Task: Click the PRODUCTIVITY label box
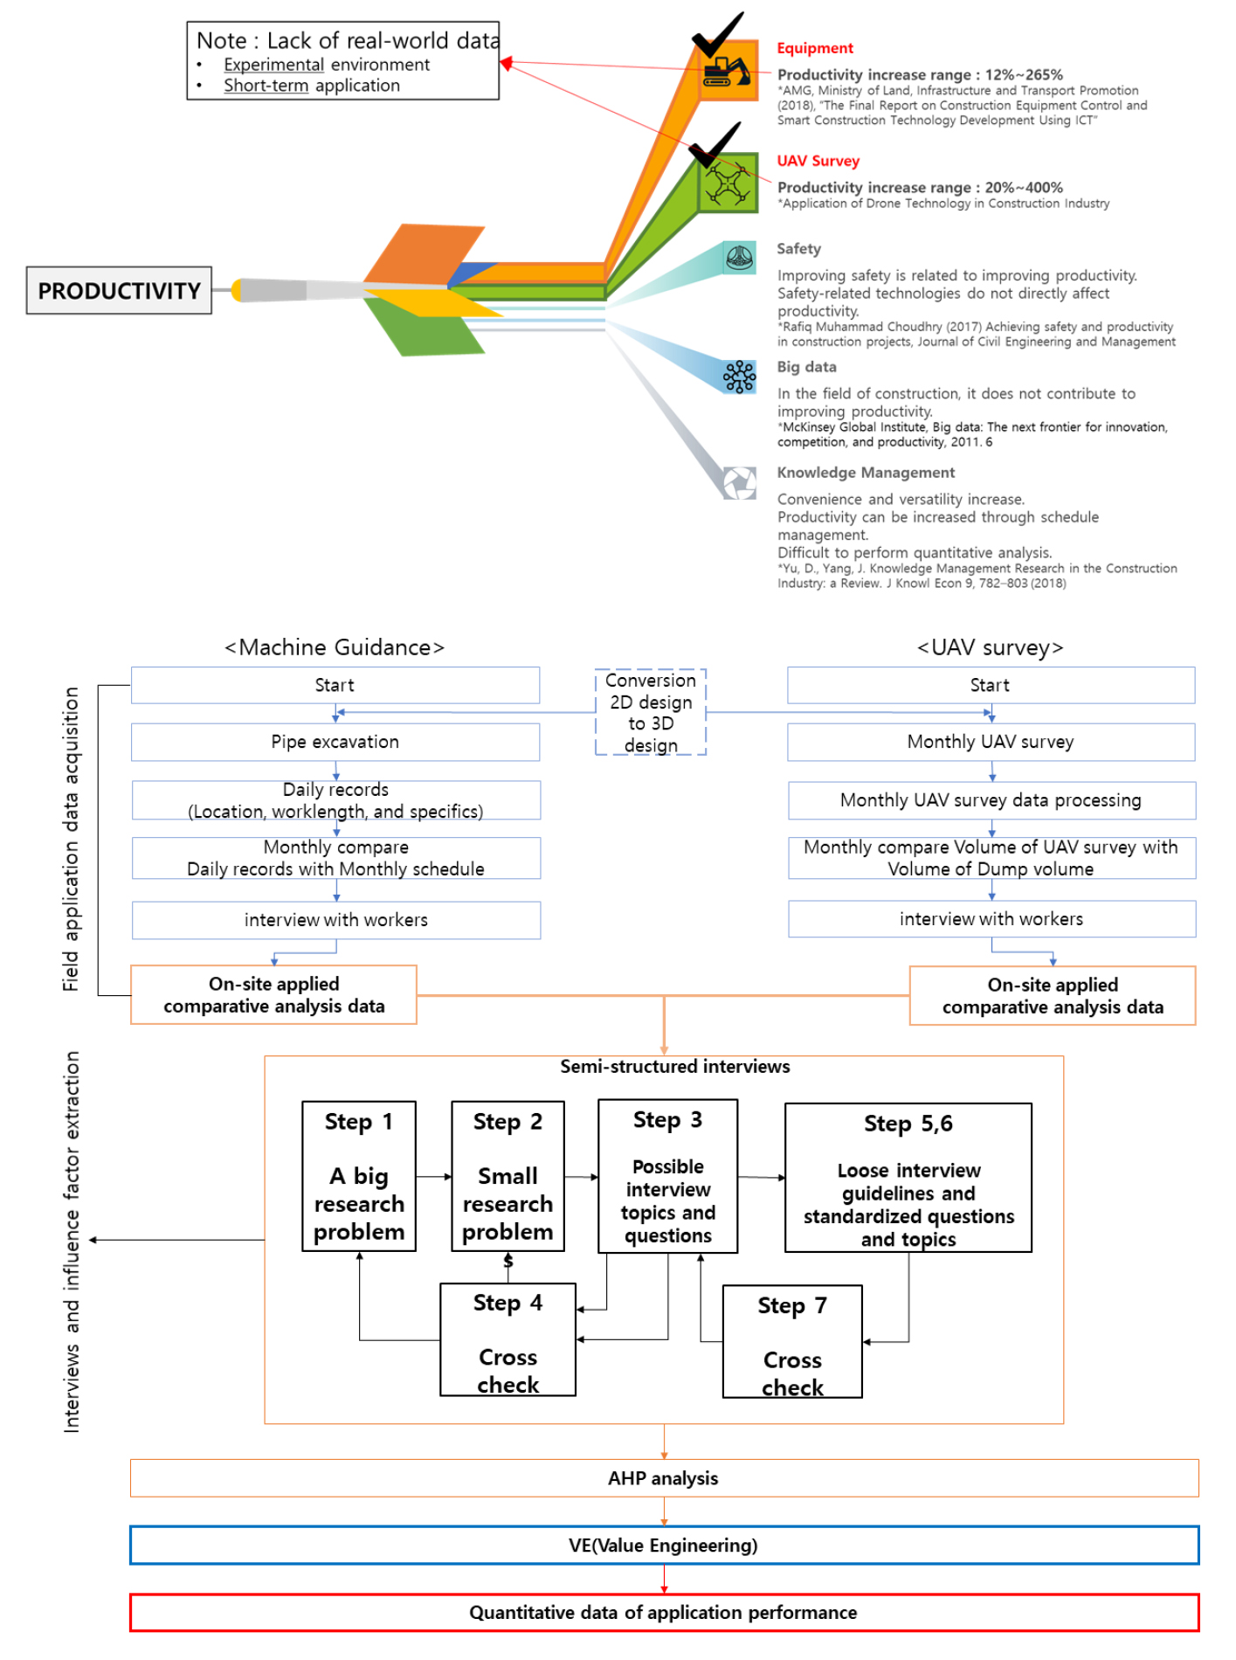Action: coord(119,290)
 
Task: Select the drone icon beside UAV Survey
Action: coord(727,183)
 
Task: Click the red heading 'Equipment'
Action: coord(815,48)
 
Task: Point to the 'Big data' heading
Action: coord(806,367)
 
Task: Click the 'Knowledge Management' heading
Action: coord(866,473)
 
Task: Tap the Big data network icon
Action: coord(739,377)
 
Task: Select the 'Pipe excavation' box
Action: coord(335,742)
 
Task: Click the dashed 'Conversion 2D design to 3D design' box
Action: coord(651,712)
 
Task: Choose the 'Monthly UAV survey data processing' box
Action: coord(991,800)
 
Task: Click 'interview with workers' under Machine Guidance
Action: coord(336,920)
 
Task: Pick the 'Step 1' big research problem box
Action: coord(359,1176)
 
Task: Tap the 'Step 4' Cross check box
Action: coord(508,1339)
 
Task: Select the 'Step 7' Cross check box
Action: coord(792,1342)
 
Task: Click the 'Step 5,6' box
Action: coord(908,1178)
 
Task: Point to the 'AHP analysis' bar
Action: coord(664,1478)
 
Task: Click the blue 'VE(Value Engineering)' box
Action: coord(664,1546)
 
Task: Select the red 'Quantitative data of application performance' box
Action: coord(664,1613)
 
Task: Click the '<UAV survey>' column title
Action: coord(991,647)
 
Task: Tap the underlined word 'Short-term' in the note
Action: coord(266,86)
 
